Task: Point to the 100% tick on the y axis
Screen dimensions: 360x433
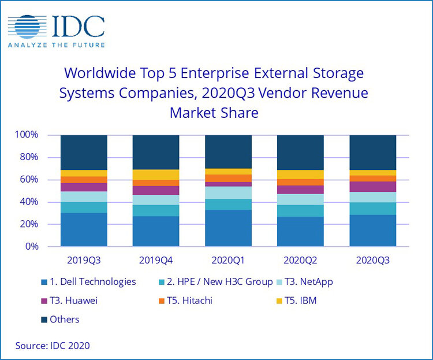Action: coord(27,135)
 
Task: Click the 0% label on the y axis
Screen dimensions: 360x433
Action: coord(32,246)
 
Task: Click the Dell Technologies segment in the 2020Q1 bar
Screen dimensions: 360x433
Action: coord(228,228)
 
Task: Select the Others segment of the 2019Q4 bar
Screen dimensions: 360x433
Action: coord(156,152)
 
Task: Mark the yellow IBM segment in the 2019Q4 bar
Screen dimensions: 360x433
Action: coord(156,175)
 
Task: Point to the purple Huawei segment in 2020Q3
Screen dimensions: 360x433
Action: coord(372,187)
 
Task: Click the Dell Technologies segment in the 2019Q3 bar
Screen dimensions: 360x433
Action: coord(84,229)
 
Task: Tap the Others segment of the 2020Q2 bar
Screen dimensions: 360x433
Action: coord(300,153)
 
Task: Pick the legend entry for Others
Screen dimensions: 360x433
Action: coord(61,320)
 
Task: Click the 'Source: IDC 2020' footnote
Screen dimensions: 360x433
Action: coord(53,346)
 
